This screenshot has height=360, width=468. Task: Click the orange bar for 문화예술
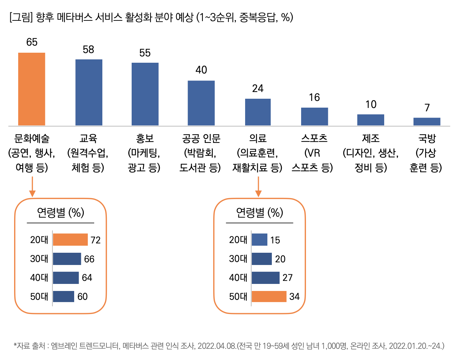32,89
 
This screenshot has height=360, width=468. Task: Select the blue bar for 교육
89,92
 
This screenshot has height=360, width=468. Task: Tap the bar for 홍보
145,94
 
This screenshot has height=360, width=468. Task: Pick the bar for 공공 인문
201,103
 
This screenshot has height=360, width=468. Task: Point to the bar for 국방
427,121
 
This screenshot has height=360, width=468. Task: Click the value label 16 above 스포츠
314,98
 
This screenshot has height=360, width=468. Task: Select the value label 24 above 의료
258,89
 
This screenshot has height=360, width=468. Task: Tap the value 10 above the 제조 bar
371,105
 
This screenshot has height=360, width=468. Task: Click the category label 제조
371,138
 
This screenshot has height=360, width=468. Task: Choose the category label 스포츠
314,138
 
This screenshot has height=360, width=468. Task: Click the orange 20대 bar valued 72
70,240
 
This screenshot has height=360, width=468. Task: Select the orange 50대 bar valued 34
269,297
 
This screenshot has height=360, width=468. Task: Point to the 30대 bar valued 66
67,259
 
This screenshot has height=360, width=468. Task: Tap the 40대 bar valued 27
266,278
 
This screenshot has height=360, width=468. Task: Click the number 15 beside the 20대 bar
275,240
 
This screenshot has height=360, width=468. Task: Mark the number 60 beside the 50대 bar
82,297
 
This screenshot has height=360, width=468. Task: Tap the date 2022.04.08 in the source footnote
217,346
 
